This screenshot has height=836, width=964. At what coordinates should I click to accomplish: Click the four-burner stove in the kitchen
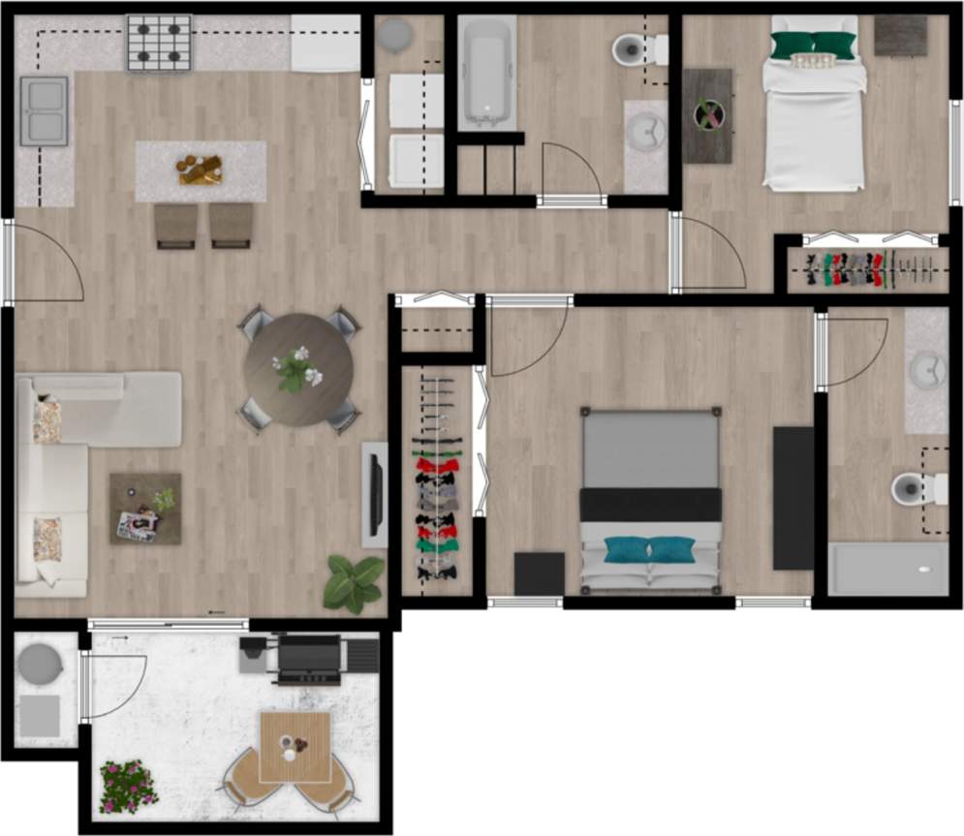pos(159,43)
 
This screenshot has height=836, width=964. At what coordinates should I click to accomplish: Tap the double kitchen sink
pos(44,111)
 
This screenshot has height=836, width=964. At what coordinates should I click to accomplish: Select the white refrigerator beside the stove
pos(325,44)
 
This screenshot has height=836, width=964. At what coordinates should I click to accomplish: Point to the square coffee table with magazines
pos(145,509)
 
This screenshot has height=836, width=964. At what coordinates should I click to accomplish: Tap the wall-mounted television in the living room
pos(375,494)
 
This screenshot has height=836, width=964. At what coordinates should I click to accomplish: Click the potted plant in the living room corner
pos(353,583)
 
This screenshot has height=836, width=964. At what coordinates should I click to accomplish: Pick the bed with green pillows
pos(814,102)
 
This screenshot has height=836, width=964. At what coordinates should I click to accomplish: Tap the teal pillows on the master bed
pos(650,550)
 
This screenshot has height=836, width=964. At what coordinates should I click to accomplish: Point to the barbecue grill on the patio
pos(308,658)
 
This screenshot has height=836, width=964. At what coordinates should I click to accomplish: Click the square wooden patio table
pos(295,747)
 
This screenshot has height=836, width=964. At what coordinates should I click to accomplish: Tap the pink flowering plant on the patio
pos(128,786)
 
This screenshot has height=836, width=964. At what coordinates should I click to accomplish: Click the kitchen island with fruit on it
pos(201,171)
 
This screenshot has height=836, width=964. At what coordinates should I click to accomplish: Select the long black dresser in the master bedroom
pos(793,498)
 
